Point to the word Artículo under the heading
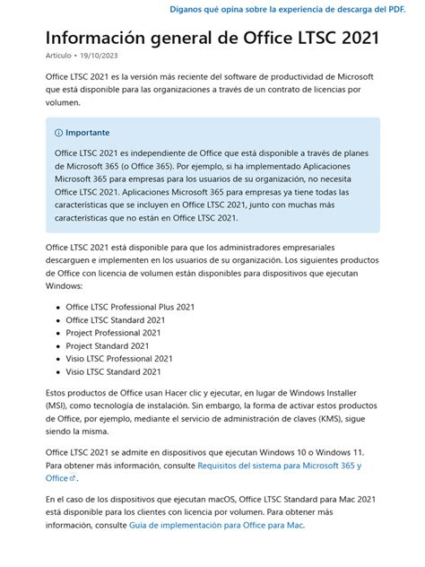click(x=59, y=56)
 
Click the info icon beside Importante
click(x=59, y=133)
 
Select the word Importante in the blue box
click(x=88, y=133)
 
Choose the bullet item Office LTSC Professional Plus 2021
click(x=129, y=307)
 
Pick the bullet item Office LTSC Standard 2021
click(x=116, y=319)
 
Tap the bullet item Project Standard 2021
click(x=108, y=345)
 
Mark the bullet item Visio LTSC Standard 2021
click(x=113, y=371)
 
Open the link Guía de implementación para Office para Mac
click(x=216, y=525)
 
